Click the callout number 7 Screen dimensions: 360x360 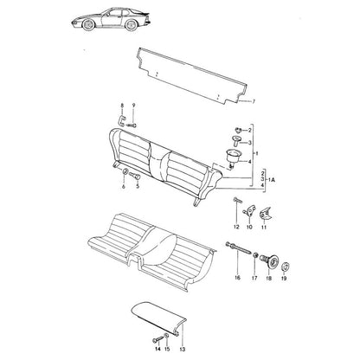coord(254,101)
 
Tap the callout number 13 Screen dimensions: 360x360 coord(182,350)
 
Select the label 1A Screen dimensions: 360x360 coord(272,180)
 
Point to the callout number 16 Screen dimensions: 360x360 coord(237,278)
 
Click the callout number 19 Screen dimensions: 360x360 coord(284,279)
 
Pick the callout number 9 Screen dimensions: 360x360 coord(133,106)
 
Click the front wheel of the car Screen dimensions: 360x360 coord(88,24)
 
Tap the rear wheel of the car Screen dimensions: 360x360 coord(132,25)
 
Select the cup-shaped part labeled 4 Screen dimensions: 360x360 coord(232,157)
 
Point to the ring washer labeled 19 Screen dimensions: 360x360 coord(285,266)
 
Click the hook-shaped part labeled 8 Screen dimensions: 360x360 coord(121,120)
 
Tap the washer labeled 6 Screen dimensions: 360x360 coord(125,172)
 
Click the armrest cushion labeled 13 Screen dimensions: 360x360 coord(158,318)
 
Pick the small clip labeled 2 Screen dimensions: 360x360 coord(239,130)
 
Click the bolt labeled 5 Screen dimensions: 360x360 coord(135,175)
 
